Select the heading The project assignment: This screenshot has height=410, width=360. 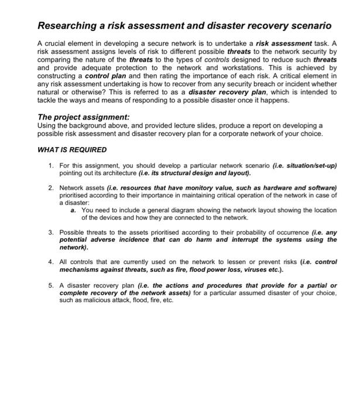(83, 117)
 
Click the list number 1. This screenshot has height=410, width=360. (52, 166)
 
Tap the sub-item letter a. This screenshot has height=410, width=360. (73, 210)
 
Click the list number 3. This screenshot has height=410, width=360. (52, 233)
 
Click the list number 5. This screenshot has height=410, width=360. (52, 285)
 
